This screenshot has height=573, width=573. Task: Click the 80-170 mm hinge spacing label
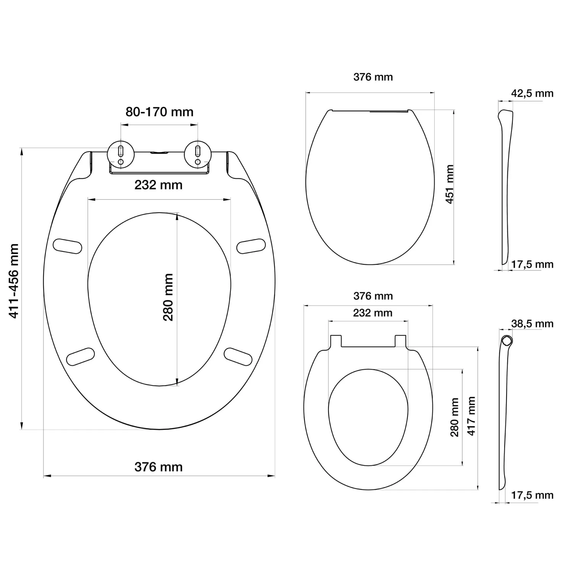[159, 112]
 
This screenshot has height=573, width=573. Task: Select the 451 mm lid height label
[450, 184]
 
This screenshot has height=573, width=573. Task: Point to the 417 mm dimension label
[471, 416]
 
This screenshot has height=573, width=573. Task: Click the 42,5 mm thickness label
[532, 94]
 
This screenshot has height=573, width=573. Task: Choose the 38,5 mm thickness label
[532, 324]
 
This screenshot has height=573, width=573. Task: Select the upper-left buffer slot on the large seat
[67, 246]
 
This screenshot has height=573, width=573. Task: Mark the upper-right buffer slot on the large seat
[251, 246]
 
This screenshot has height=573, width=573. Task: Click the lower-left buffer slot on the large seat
[80, 356]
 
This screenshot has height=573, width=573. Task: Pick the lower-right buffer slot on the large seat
[238, 356]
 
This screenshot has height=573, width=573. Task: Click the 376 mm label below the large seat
[159, 467]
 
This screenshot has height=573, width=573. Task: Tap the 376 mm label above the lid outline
[373, 77]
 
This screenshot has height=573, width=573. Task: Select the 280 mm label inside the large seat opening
[168, 297]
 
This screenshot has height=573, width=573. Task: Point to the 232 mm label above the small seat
[372, 313]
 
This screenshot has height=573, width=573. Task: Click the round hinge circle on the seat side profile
[507, 340]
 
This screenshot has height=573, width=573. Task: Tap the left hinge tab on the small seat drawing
[335, 341]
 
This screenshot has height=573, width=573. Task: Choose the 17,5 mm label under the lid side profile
[532, 264]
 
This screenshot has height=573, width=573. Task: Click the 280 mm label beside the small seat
[455, 417]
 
